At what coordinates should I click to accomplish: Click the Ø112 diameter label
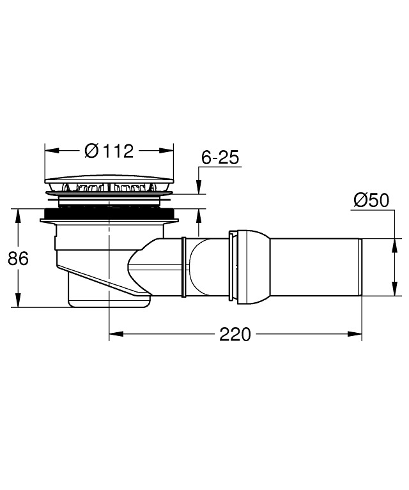(109, 151)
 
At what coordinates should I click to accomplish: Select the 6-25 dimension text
(220, 157)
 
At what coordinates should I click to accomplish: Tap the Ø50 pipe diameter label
(371, 200)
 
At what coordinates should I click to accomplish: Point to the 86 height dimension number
(18, 259)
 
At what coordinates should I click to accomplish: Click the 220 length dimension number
(235, 334)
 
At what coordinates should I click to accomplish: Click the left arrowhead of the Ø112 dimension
(52, 151)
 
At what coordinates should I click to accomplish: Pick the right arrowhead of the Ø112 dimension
(166, 151)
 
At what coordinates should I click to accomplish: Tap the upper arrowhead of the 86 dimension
(19, 216)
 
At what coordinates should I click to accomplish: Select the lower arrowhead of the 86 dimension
(19, 300)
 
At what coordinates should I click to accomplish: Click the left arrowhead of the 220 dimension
(116, 334)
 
